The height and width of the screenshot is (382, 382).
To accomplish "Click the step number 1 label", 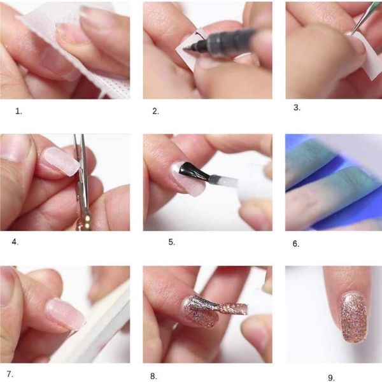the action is click(18, 111).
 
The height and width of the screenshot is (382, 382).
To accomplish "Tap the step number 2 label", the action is click(156, 111).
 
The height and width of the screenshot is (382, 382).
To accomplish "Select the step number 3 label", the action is click(297, 108).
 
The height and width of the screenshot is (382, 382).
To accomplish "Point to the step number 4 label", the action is click(15, 242).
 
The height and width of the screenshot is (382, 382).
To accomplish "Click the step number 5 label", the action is click(172, 242).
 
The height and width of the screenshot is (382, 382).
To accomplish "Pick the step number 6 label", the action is click(296, 244).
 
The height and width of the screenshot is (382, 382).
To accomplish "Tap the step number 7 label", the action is click(10, 374).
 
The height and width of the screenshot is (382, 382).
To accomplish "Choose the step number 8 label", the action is click(153, 376).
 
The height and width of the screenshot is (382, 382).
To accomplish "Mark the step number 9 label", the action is click(331, 378).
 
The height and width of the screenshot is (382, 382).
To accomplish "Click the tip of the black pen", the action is click(184, 49).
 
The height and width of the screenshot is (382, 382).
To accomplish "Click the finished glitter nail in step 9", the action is click(353, 318).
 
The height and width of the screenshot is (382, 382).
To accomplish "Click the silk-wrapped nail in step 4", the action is click(62, 161).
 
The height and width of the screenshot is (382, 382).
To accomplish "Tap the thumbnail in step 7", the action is click(6, 288).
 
